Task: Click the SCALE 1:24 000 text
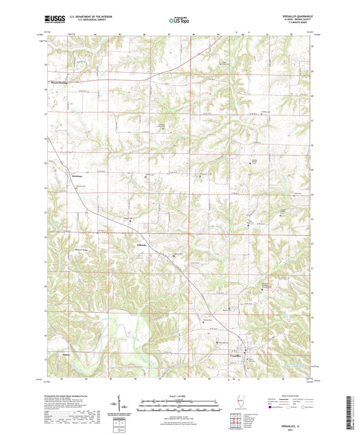click(179, 394)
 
